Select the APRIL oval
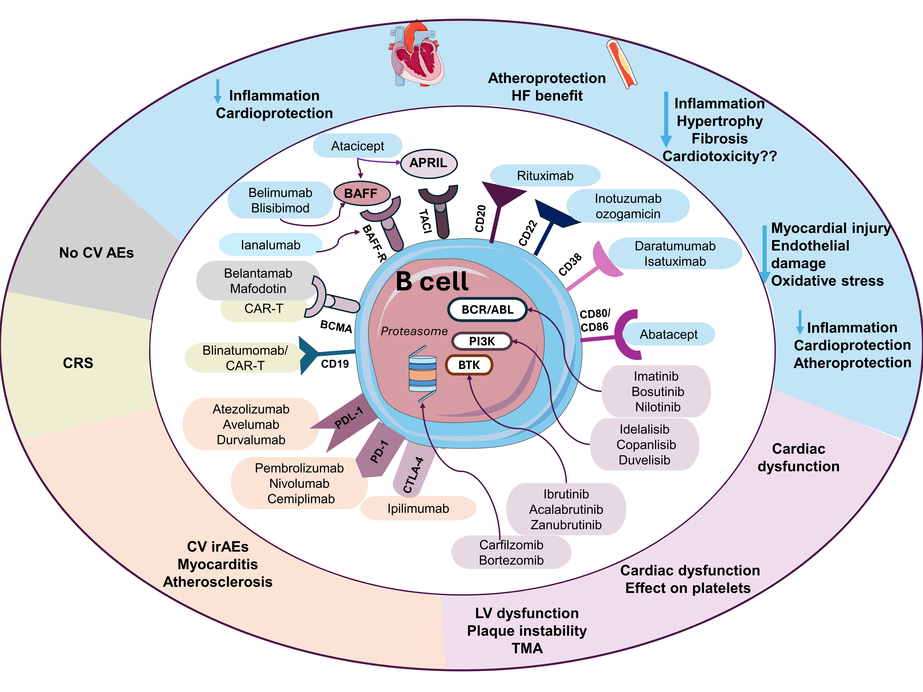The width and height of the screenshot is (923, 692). point(429,163)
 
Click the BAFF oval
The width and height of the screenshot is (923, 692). point(361,194)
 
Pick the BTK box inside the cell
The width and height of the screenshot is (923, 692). point(469,365)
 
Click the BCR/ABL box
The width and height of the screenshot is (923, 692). point(487,310)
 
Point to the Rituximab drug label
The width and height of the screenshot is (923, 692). point(545,176)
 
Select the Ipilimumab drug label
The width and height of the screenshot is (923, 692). point(418,508)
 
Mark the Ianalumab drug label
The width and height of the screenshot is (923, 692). point(270,245)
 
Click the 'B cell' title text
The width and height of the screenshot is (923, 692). point(432,282)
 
